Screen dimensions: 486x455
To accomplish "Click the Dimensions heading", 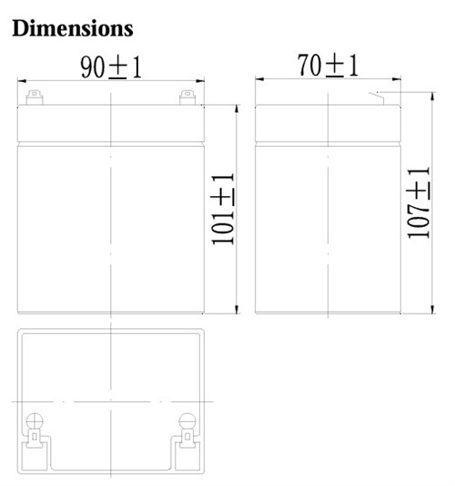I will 73,28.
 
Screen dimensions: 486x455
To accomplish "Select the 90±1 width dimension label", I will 111,67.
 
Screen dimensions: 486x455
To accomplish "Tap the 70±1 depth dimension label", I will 328,66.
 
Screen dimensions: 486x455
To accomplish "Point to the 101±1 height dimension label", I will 224,208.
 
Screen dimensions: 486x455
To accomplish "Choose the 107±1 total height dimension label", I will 420,202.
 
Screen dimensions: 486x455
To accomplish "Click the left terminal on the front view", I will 34,96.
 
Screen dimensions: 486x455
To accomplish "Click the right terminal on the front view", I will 187,96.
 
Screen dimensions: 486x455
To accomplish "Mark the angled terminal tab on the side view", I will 376,96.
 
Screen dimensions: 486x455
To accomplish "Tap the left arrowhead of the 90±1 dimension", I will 21,81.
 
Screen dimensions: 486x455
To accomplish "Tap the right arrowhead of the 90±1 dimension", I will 201,81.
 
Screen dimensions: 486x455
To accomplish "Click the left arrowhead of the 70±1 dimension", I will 258,80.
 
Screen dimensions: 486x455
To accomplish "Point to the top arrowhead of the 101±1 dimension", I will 238,109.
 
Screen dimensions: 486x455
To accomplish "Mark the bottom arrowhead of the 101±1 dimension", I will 238,310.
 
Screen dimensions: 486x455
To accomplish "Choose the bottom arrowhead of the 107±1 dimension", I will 433,311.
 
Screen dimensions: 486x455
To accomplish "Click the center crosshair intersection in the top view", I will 111,401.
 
